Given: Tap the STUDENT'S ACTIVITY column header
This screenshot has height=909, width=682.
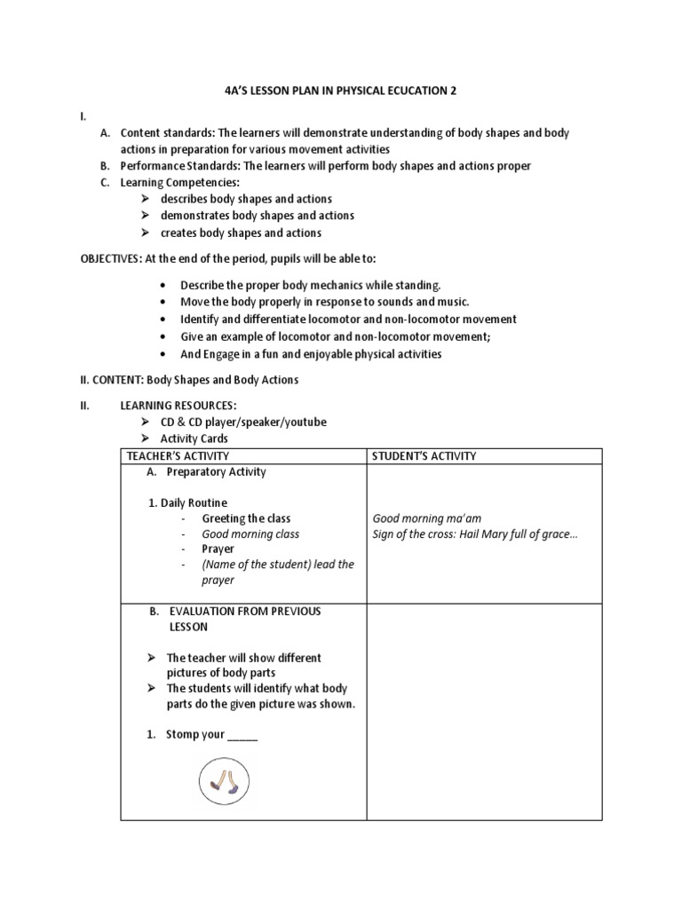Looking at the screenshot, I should point(424,456).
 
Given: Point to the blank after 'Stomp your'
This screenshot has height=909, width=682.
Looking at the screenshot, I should point(242,735).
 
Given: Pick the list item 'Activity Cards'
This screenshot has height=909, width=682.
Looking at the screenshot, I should point(194,439).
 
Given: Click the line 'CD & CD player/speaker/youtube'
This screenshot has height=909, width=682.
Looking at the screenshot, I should point(243,422).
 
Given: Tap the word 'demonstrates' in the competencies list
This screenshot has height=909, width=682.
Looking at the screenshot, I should point(194,216).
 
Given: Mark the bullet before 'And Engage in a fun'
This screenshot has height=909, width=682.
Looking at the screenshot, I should point(163,353).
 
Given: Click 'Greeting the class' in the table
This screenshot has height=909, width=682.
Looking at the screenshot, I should point(246,518).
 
